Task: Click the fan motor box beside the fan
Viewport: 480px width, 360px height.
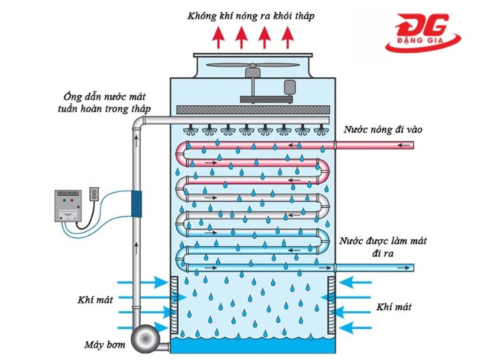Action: point(290,87)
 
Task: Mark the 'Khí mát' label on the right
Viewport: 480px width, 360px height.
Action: point(393,307)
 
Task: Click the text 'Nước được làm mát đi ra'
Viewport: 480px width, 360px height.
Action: point(383,247)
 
